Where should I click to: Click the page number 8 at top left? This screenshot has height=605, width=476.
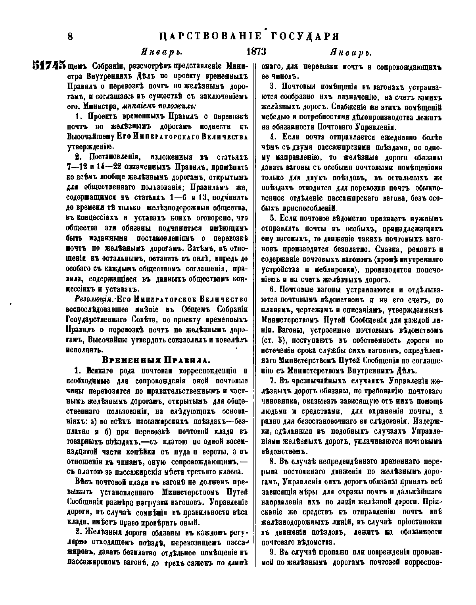[x=71, y=37]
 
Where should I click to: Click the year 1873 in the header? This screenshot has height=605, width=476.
[x=256, y=52]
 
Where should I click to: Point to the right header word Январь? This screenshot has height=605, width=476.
[x=351, y=52]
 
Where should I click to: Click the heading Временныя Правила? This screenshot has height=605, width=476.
[x=155, y=361]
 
